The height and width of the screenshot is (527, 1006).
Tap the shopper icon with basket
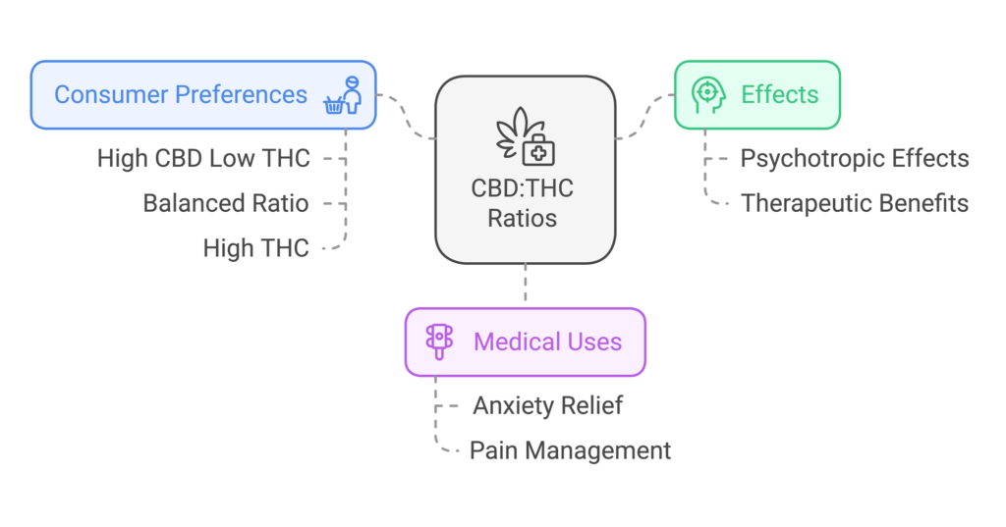point(344,95)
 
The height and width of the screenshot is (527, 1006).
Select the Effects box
point(756,95)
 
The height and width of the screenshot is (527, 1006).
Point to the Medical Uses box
point(526,342)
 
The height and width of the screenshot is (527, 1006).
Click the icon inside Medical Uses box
point(438,342)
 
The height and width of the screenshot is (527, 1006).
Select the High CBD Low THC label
point(203,158)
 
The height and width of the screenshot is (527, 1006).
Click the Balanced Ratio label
point(226,203)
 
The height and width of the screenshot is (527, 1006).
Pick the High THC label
point(255,248)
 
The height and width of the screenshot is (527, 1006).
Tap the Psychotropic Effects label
point(855,158)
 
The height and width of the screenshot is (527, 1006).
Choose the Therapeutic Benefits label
point(855,203)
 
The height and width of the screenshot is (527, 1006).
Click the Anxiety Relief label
point(547,405)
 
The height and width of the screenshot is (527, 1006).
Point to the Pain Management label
point(570,450)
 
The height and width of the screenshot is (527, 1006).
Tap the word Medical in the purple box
point(510,342)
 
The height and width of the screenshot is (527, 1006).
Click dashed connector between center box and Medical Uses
point(526,286)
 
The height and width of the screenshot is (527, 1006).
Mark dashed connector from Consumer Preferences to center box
point(406,116)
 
